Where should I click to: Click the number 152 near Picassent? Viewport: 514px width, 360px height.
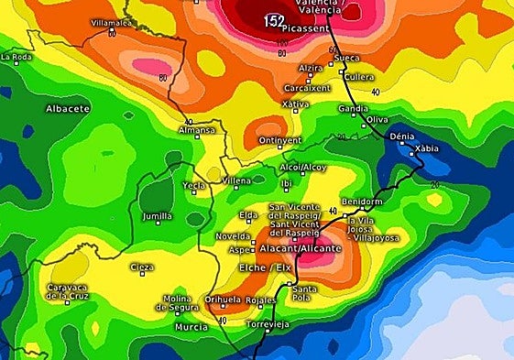tap(274, 18)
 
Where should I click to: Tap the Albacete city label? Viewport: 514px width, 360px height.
tap(69, 108)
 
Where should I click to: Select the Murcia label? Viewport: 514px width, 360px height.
tap(191, 327)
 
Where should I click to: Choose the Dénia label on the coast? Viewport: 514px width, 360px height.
tap(401, 136)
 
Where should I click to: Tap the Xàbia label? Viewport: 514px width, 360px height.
tap(426, 148)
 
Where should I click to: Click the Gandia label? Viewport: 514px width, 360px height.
tap(353, 108)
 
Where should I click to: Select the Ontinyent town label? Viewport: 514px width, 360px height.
tap(279, 140)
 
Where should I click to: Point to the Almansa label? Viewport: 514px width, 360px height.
tap(196, 132)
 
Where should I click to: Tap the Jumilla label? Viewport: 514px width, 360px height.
tap(158, 216)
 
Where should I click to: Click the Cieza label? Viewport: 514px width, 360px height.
tap(141, 267)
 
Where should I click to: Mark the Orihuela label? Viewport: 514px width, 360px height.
tap(222, 299)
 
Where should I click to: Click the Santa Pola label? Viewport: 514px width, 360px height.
tap(303, 294)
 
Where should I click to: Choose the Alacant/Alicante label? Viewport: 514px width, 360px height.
tap(305, 248)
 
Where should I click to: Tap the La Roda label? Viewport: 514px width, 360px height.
tap(16, 57)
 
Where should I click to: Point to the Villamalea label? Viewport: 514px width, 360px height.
tap(112, 22)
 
